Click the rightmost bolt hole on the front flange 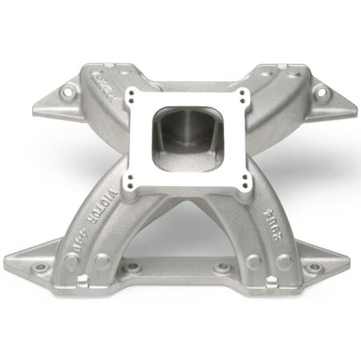point(315,267)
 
